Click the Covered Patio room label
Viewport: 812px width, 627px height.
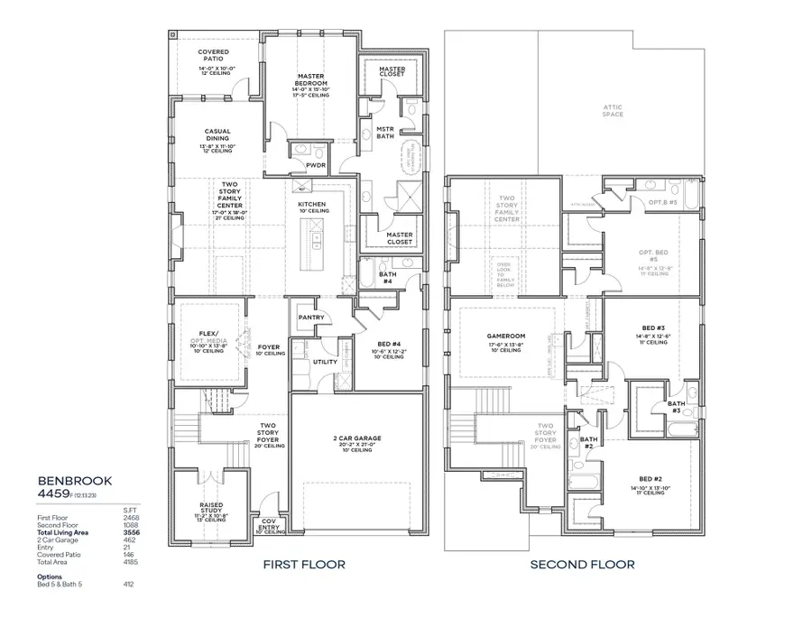pyautogui.click(x=213, y=56)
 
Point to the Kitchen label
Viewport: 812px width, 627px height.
pyautogui.click(x=312, y=205)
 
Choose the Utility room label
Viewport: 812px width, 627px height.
pyautogui.click(x=325, y=362)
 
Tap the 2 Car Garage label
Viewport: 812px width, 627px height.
pyautogui.click(x=356, y=438)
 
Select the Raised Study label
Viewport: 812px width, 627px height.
pyautogui.click(x=211, y=505)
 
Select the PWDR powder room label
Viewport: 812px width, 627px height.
pyautogui.click(x=315, y=165)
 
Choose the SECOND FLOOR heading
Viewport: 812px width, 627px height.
pyautogui.click(x=581, y=565)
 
